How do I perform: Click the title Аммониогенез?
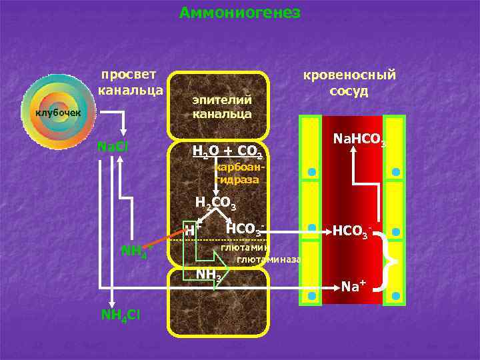(240, 13)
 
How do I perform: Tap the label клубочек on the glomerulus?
(58, 112)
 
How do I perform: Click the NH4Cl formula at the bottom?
(120, 314)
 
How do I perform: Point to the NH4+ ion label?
(137, 251)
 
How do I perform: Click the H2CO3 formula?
(214, 203)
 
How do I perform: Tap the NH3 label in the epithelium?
(208, 275)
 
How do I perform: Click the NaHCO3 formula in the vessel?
(359, 139)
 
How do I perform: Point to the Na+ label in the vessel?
(353, 287)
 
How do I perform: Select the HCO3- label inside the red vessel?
(352, 232)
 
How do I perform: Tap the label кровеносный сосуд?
(349, 83)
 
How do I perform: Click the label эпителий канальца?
(222, 107)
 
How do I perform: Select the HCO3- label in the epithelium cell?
(245, 229)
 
